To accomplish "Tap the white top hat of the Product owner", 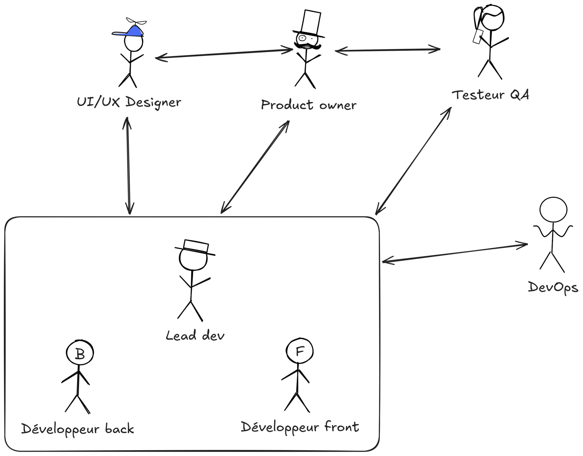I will coord(311,23).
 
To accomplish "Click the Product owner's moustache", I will coord(307,46).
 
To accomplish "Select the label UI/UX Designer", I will coord(129,102).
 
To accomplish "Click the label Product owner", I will coord(309,105).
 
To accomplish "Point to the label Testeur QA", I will coord(491,95).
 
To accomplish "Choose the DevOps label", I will coord(553,288).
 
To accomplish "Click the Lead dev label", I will coord(195,336).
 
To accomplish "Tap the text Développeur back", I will coord(78,429).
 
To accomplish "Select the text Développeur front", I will coord(300,427).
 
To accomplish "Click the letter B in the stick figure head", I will coord(80,354).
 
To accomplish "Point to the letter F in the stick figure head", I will coord(300,351).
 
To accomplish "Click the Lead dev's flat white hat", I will coord(195,247).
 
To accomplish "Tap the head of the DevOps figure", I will coord(553,210).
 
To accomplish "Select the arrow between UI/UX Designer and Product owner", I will coord(224,54).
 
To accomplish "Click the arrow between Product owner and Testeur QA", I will coord(388,50).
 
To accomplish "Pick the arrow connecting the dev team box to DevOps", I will coord(455,252).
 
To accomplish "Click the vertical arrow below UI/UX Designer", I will coord(128,166).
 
